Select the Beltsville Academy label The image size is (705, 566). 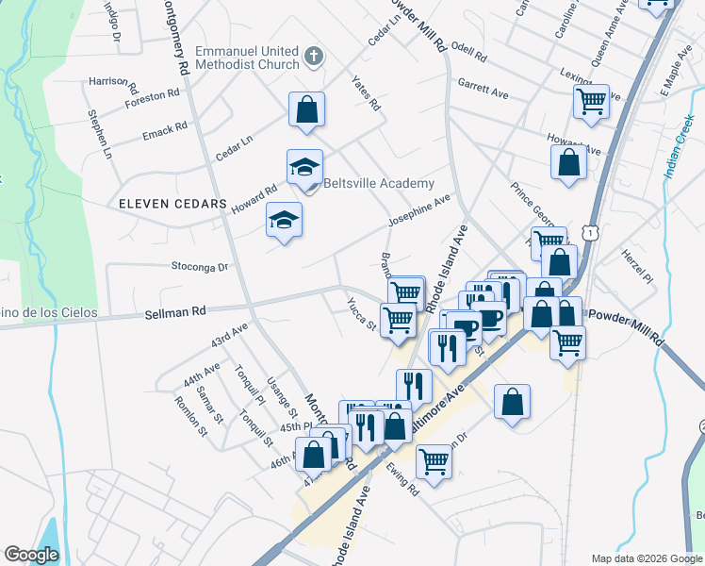click(x=379, y=184)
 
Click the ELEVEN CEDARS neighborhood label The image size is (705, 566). click(x=173, y=204)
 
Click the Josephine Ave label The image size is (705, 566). click(x=419, y=211)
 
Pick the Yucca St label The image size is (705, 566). click(x=361, y=315)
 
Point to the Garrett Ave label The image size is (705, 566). click(x=483, y=90)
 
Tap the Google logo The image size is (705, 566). click(x=31, y=554)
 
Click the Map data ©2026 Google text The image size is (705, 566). click(x=646, y=558)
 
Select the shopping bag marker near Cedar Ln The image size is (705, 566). click(x=306, y=110)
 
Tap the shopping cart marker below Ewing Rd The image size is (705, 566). click(x=434, y=462)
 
